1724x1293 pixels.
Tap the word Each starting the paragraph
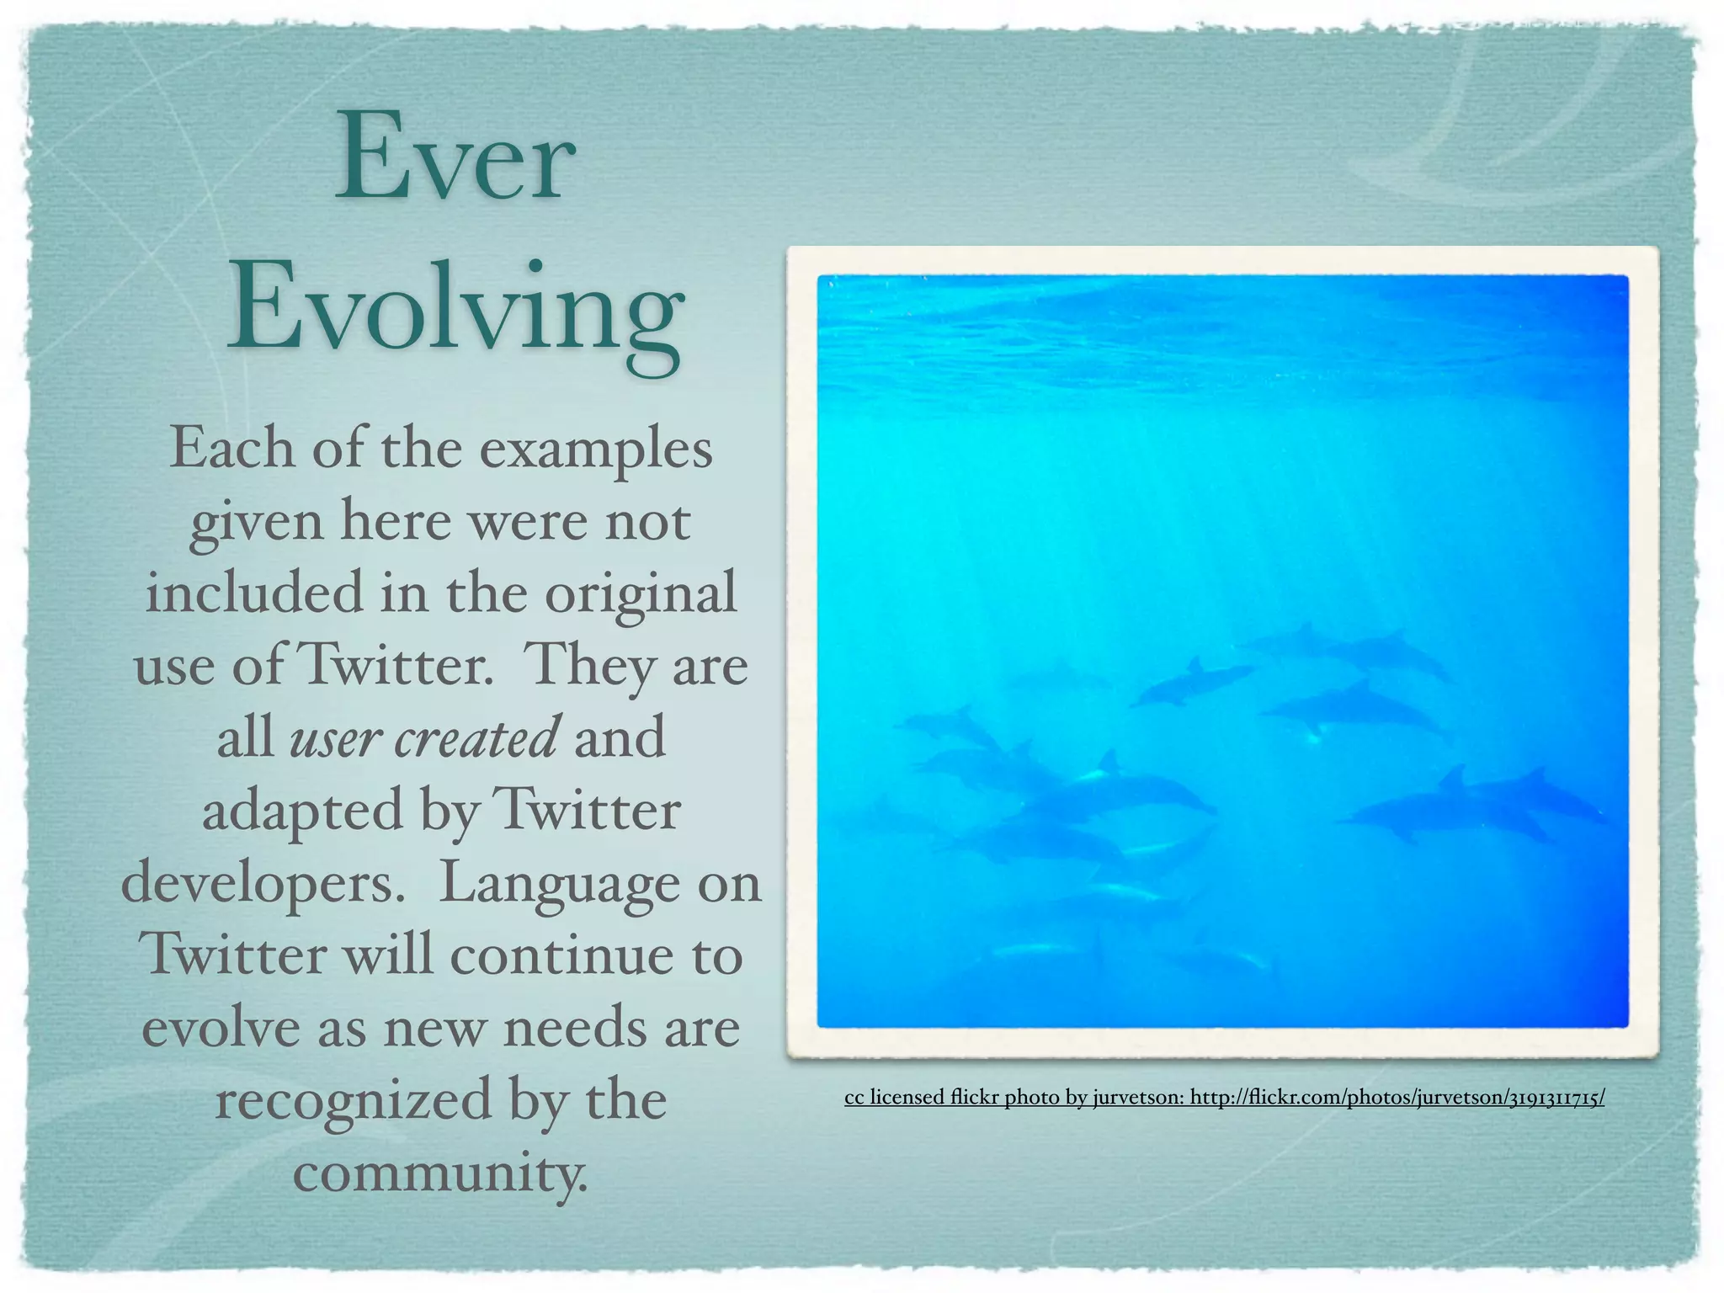232,449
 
